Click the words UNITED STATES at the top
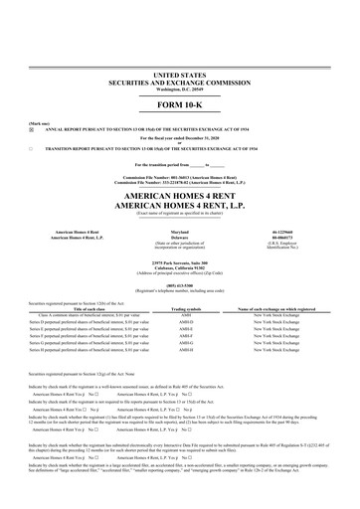(180, 74)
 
